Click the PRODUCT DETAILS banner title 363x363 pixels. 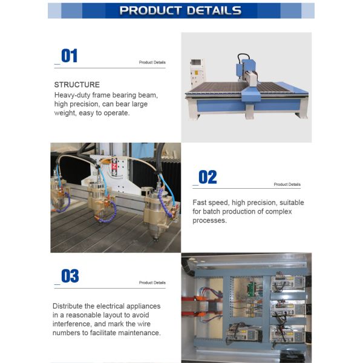(x=180, y=10)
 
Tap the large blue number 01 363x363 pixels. (x=69, y=56)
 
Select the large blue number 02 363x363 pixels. (x=208, y=177)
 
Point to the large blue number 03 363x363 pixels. (x=70, y=276)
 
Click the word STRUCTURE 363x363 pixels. (x=77, y=85)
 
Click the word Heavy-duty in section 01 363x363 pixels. (x=72, y=95)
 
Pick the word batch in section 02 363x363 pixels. (x=211, y=212)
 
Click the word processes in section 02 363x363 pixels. (x=209, y=221)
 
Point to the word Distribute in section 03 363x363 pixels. (x=68, y=306)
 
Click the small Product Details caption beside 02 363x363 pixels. (x=287, y=185)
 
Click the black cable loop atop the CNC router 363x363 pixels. (x=244, y=58)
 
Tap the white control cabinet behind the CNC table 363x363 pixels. (x=197, y=72)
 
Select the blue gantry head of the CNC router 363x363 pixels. (x=246, y=70)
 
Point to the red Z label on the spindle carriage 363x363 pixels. (x=114, y=166)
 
